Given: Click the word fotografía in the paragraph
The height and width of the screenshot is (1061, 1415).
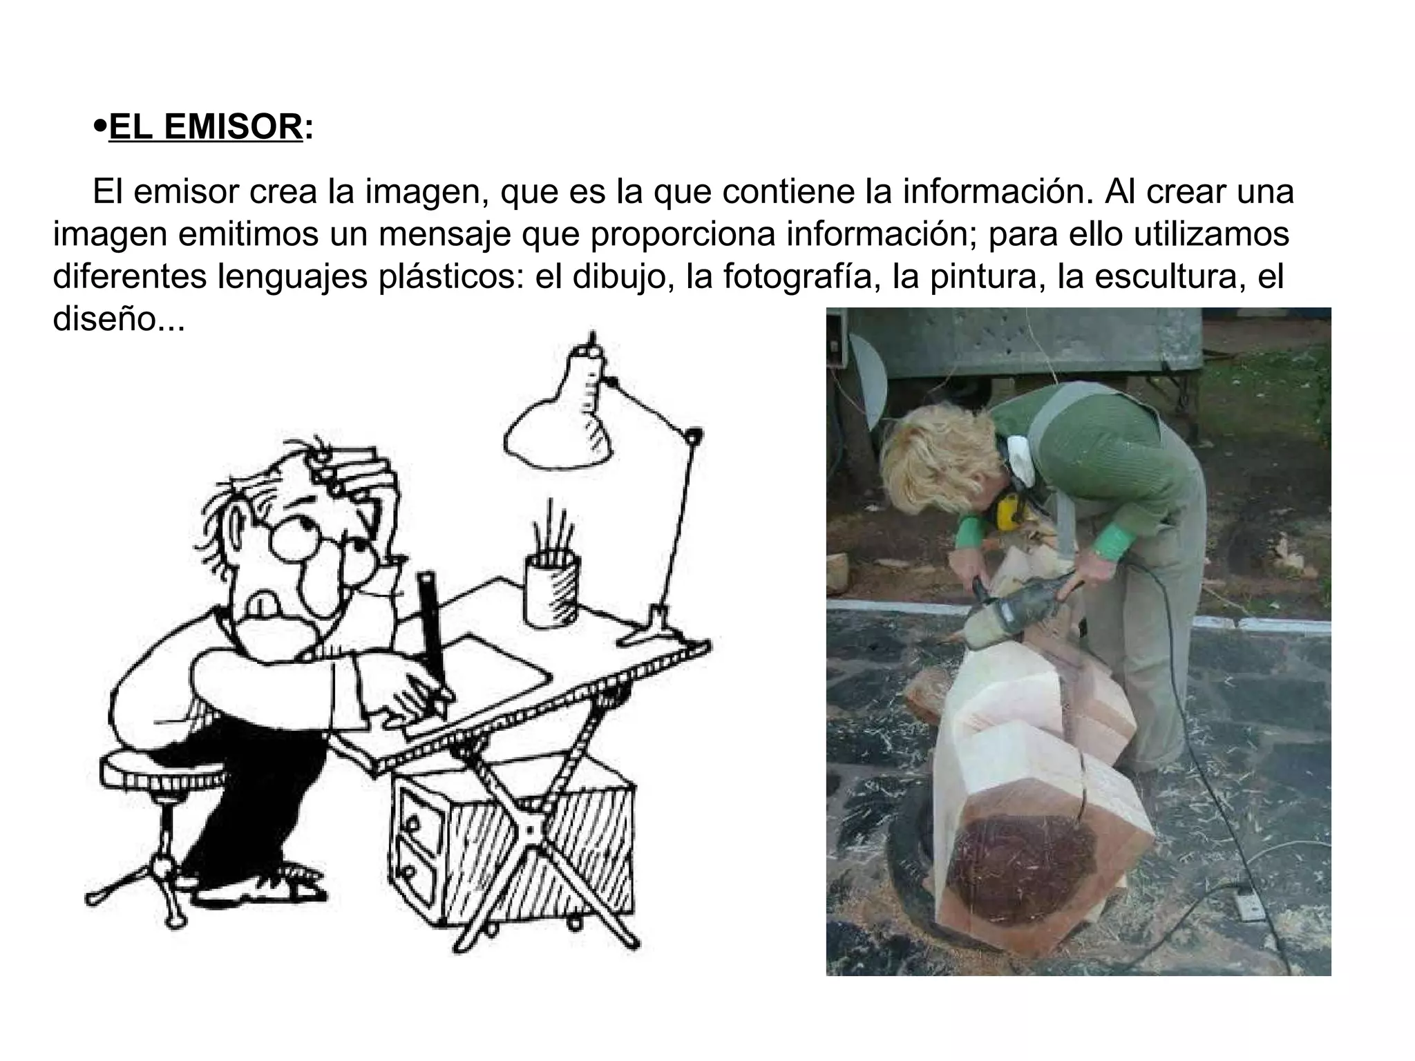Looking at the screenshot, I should click(x=801, y=276).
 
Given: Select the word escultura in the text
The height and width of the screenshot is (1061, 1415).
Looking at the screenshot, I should click(x=1161, y=276).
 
